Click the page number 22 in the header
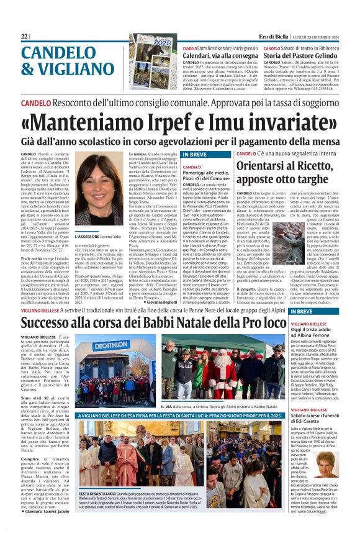pos(24,37)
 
